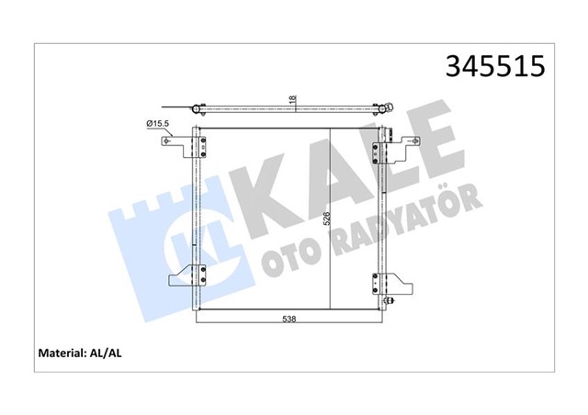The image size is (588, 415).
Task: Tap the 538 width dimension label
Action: (x=288, y=320)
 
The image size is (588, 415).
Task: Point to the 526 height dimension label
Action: (x=324, y=219)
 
